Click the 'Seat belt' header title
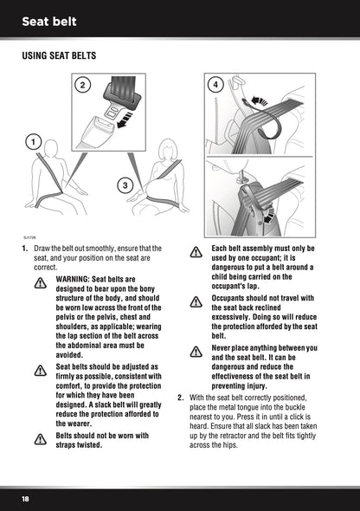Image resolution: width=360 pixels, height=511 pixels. (x=49, y=22)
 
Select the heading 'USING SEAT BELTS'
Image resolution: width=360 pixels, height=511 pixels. (x=59, y=55)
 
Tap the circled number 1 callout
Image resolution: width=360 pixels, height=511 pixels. (x=33, y=142)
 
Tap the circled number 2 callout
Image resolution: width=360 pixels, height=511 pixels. (x=82, y=85)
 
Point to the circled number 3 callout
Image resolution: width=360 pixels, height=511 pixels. (x=125, y=185)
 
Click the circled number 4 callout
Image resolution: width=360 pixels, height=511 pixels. (x=215, y=85)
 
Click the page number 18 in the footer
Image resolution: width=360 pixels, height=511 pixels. (x=25, y=499)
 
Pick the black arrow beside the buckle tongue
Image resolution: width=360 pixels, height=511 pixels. (x=125, y=120)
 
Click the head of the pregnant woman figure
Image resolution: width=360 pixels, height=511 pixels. (x=168, y=150)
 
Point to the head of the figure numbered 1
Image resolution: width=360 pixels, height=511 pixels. (x=51, y=148)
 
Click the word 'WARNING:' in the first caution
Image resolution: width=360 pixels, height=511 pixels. (x=73, y=279)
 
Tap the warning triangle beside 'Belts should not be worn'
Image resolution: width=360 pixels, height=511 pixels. (x=41, y=439)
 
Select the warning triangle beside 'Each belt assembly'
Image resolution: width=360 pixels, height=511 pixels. (x=196, y=252)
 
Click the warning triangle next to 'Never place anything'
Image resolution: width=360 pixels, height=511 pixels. (x=196, y=352)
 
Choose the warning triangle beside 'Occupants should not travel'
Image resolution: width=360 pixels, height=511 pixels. (x=196, y=301)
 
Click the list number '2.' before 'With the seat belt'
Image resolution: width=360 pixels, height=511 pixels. (x=181, y=398)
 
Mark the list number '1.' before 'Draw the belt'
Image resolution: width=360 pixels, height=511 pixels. (x=25, y=249)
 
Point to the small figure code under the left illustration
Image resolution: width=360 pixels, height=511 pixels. (x=29, y=237)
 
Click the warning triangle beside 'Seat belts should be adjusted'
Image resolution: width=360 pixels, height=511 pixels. (x=41, y=371)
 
